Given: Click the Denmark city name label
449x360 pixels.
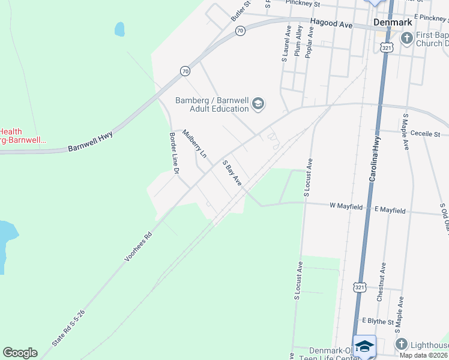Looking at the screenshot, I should click(393, 22).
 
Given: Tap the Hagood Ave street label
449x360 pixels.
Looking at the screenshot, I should click(331, 25).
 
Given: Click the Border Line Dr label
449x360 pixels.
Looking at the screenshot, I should click(175, 154).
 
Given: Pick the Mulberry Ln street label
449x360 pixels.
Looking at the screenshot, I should click(194, 145).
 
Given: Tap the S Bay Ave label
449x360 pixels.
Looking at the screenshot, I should click(232, 173).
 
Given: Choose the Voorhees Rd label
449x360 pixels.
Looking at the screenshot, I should click(139, 247).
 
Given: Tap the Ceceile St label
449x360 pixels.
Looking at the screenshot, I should click(426, 134).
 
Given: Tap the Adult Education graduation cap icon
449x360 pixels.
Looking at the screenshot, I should click(258, 104).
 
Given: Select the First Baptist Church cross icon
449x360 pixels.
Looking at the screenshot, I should click(406, 39).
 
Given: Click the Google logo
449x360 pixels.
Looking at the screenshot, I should click(20, 352).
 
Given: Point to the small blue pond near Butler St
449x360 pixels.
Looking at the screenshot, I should click(119, 29).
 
